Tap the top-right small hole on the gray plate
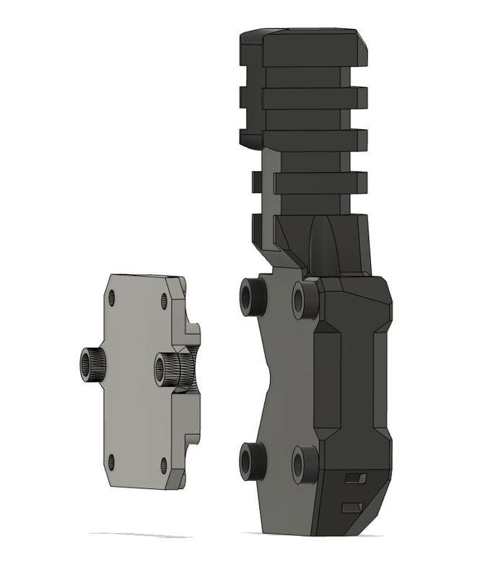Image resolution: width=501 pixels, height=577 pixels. point(164,300)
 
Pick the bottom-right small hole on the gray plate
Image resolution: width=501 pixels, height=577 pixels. point(164,465)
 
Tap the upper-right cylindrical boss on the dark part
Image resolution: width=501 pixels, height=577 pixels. point(305,300)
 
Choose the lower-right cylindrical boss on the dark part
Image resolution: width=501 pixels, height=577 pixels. point(305,464)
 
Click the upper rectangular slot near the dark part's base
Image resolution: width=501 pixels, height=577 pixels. point(354,478)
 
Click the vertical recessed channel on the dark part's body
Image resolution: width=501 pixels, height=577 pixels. point(376,375)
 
